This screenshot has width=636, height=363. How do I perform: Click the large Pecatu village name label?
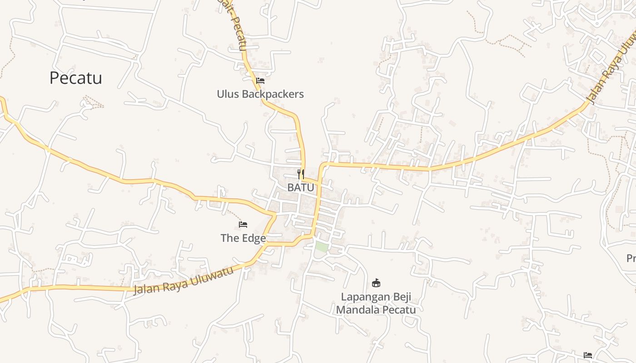[75, 78]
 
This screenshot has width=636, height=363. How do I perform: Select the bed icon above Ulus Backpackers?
[260, 81]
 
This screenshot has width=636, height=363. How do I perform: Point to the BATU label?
[300, 187]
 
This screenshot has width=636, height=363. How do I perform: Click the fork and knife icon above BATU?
[300, 173]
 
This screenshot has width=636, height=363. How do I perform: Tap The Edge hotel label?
[243, 238]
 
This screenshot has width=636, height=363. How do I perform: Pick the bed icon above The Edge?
[243, 225]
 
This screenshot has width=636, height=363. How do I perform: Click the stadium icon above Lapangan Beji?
[376, 283]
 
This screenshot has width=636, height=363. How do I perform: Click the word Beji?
[401, 297]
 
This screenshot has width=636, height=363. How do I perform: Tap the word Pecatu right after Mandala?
[400, 310]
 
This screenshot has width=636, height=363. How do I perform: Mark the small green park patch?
[321, 247]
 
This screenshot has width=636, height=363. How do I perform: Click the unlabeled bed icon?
[588, 355]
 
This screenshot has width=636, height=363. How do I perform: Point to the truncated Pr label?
[631, 258]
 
